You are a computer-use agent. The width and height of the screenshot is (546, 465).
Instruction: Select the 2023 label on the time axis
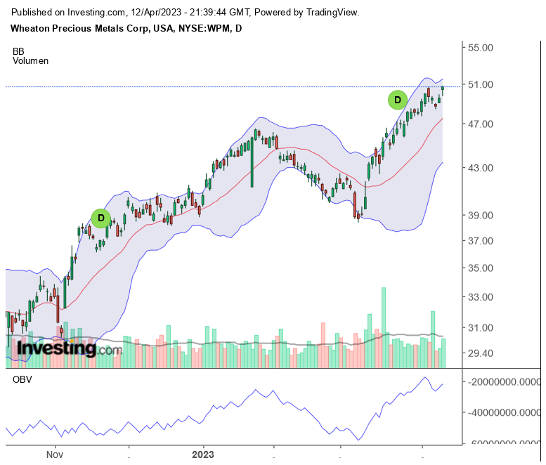coord(204,454)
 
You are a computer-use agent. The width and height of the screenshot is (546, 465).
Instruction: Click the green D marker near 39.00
coord(101,218)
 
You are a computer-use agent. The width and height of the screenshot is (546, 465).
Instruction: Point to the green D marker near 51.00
coord(398,100)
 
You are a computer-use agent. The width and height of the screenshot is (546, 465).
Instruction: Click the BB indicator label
coord(19,51)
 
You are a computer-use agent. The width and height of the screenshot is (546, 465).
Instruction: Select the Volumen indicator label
coord(31,61)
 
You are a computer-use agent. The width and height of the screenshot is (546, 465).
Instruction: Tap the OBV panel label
coord(22,380)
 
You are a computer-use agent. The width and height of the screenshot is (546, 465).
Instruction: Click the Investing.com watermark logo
coord(64,348)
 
